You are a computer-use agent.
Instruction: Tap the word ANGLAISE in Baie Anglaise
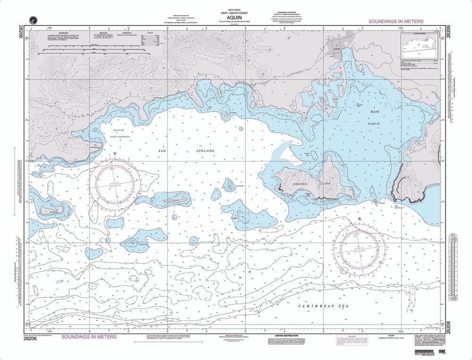click(x=206, y=151)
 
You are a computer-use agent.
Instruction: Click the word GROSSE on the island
click(x=301, y=183)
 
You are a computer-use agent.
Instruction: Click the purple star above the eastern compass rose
click(x=360, y=219)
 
